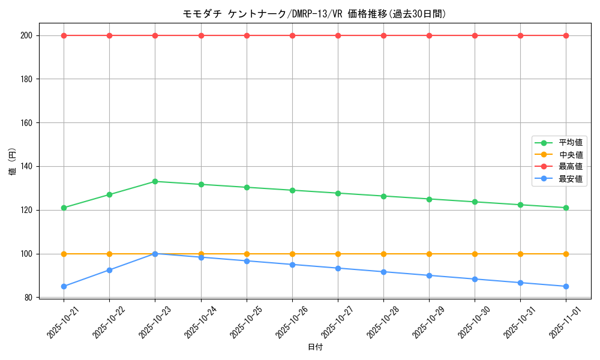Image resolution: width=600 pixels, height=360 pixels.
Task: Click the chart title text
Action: point(315,14)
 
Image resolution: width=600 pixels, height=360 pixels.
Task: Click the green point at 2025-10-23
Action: point(155,181)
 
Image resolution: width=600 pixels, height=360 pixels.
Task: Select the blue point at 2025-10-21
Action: point(64,286)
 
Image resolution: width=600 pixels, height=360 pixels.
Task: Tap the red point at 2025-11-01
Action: point(566,35)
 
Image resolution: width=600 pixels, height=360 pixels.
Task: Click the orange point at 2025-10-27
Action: point(338,254)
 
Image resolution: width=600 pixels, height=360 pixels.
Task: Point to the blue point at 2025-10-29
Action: point(429,275)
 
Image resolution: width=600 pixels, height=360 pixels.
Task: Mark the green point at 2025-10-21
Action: point(64,208)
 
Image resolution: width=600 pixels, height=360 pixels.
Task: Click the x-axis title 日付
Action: point(315,347)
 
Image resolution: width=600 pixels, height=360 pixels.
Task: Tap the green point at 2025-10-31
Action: point(520,205)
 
